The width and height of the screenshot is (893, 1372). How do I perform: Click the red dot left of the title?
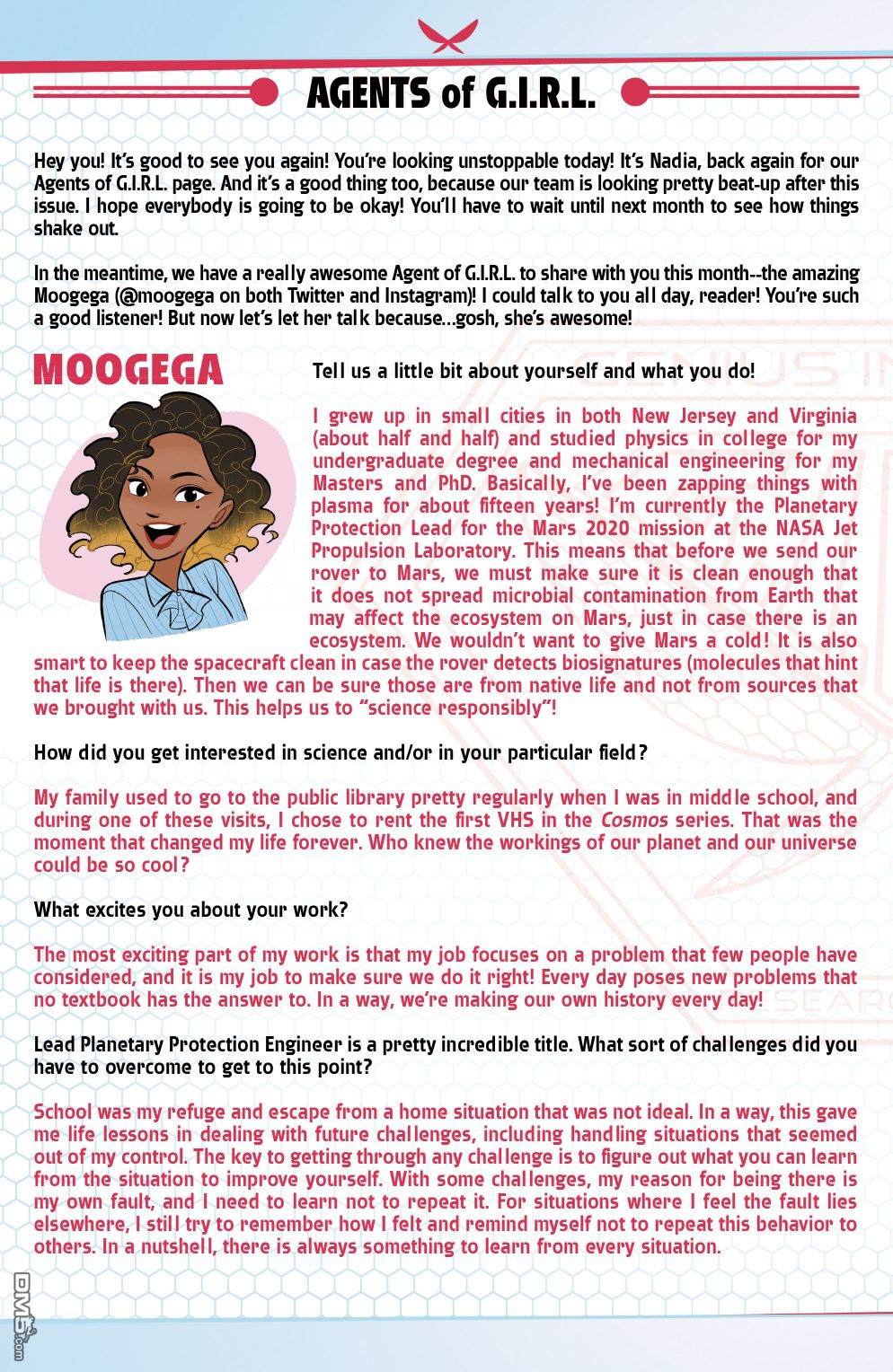tap(263, 92)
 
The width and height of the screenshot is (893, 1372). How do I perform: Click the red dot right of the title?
tap(634, 92)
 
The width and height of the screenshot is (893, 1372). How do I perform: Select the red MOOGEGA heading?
tap(128, 370)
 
